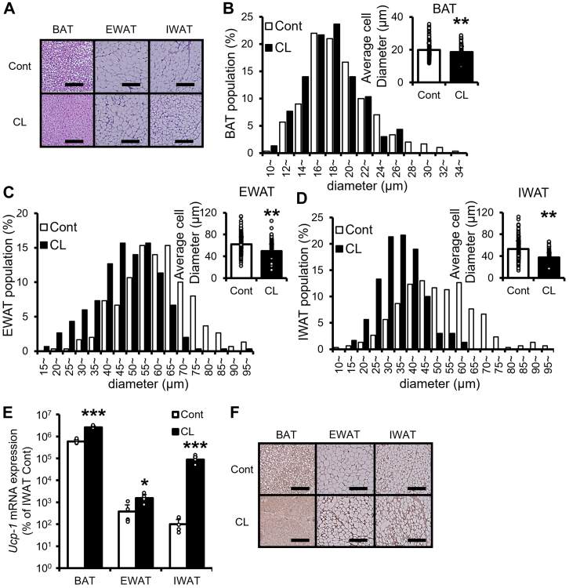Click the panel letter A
pos(9,9)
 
